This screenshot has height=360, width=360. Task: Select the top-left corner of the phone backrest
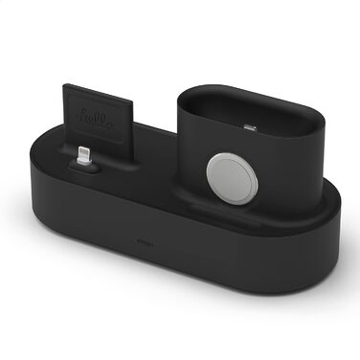point(66,86)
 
